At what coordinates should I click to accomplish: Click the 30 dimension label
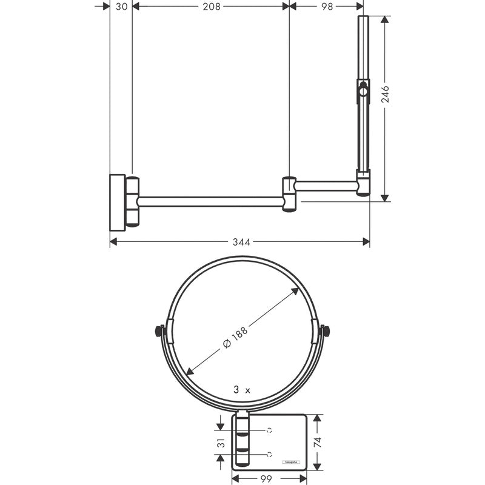121,6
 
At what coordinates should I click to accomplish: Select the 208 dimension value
211,6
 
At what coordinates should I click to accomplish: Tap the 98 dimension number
327,6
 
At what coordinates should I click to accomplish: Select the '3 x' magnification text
241,390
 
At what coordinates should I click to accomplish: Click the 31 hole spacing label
221,442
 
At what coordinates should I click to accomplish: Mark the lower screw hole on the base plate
270,454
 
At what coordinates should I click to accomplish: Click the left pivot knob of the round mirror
159,331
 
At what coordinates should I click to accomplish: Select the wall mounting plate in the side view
117,202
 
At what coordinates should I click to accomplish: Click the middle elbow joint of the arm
289,194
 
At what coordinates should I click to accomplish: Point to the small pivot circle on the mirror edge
363,92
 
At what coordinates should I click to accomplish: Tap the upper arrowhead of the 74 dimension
318,418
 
